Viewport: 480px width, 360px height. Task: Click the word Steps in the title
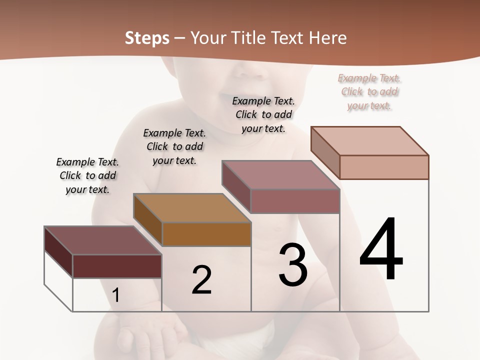click(147, 38)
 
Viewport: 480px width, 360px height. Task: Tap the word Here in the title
click(328, 38)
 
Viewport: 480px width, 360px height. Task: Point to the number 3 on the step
click(293, 265)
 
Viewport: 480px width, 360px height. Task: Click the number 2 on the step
click(202, 280)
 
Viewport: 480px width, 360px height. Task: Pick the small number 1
click(116, 295)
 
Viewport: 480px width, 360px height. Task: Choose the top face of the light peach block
click(369, 141)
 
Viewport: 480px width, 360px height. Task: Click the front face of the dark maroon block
click(117, 266)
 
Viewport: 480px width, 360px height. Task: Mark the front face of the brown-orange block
click(206, 234)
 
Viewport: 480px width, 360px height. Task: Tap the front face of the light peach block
click(384, 167)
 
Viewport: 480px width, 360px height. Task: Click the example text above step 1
click(87, 175)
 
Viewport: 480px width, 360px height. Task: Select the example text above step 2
click(174, 146)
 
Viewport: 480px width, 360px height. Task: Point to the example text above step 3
click(263, 114)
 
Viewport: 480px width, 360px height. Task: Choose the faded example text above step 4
click(369, 91)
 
